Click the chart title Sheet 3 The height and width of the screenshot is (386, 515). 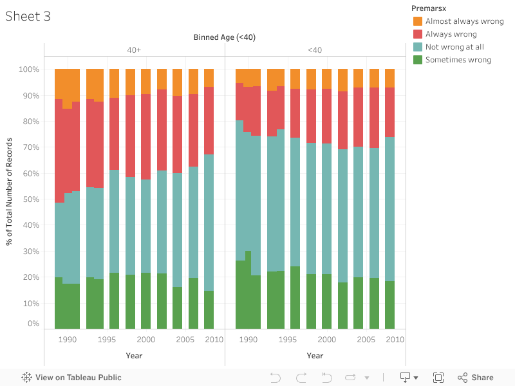[x=28, y=17]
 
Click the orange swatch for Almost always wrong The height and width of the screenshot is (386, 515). [x=418, y=21]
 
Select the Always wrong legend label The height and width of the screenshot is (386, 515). [x=451, y=34]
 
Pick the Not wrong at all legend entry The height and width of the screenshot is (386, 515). [x=454, y=47]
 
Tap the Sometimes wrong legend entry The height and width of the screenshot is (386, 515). [x=458, y=60]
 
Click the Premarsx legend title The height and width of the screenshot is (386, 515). [x=429, y=8]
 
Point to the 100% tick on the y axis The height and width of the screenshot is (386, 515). [x=29, y=69]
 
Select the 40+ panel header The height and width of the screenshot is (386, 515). [x=134, y=50]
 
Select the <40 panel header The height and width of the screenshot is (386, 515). [x=315, y=50]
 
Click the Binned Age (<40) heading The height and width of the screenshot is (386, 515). [x=225, y=37]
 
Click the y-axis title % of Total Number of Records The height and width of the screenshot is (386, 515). [x=10, y=190]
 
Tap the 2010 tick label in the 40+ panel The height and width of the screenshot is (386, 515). [x=214, y=339]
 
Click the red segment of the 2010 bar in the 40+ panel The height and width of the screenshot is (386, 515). [x=209, y=120]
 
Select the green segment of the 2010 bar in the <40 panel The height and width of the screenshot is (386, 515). [x=389, y=305]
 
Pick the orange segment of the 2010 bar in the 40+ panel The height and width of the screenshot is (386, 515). [x=209, y=78]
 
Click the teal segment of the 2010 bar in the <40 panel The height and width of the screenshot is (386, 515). [x=389, y=209]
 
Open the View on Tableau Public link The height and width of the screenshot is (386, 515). [x=71, y=378]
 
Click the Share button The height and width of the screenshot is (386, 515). [x=475, y=378]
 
